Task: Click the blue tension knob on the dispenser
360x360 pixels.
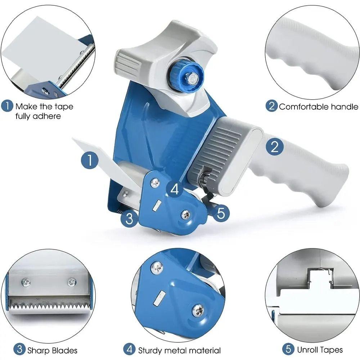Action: [x=190, y=76]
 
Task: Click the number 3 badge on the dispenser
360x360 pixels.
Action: [x=130, y=218]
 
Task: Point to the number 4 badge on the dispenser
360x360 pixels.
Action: [x=175, y=189]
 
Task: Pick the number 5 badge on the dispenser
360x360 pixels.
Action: [x=221, y=213]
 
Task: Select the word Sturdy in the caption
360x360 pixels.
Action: [x=151, y=350]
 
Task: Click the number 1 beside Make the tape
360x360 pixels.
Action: [x=7, y=107]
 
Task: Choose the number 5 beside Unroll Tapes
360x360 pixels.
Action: [x=288, y=350]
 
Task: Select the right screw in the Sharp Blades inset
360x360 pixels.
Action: [x=72, y=282]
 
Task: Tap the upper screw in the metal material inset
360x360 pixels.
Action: [x=157, y=267]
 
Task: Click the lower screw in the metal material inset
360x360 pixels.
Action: [x=197, y=310]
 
